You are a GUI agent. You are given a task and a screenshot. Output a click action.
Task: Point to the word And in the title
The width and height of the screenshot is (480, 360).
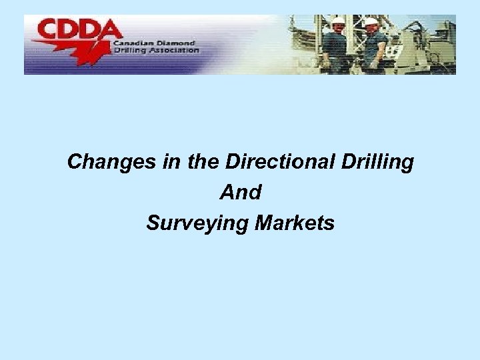point(240,193)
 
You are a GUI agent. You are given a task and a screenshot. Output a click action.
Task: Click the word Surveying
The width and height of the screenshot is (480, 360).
point(198,223)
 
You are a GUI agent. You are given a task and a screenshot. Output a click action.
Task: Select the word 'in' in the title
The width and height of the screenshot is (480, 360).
point(169,162)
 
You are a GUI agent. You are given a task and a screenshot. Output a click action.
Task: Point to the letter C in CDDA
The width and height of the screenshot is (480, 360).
point(49,30)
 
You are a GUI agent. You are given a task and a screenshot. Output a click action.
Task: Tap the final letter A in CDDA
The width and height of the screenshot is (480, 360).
point(111,30)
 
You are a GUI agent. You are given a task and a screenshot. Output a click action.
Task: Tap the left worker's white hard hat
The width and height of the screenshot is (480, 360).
point(337,21)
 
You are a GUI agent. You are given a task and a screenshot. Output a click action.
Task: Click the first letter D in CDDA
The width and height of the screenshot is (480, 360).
point(70,30)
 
